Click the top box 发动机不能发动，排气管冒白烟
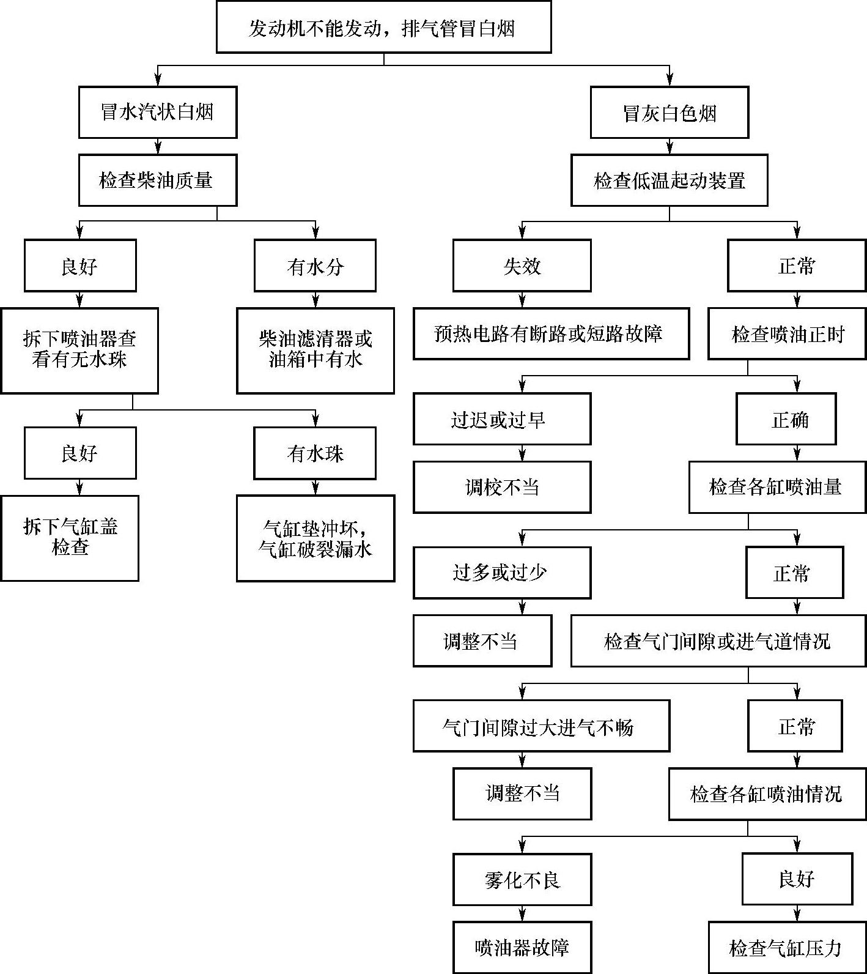[x=383, y=27]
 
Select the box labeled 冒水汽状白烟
[x=157, y=112]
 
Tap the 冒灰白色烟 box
[x=669, y=113]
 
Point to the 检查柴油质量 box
[x=157, y=180]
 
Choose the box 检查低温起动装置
[x=669, y=180]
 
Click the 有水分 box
[x=315, y=266]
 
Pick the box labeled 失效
[x=522, y=266]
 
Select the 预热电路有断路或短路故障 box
[x=551, y=333]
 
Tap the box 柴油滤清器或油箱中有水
[x=315, y=350]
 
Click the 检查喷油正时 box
[x=788, y=333]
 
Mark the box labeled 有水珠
[x=315, y=453]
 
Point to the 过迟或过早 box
[x=502, y=419]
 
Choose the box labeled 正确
[x=786, y=419]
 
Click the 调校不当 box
[x=502, y=487]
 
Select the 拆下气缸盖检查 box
[x=70, y=538]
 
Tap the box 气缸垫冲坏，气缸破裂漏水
[x=315, y=538]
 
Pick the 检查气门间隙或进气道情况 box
[x=718, y=641]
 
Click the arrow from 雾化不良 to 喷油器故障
[x=522, y=913]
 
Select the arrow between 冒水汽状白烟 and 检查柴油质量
[x=158, y=146]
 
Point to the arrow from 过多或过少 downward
[x=522, y=607]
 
